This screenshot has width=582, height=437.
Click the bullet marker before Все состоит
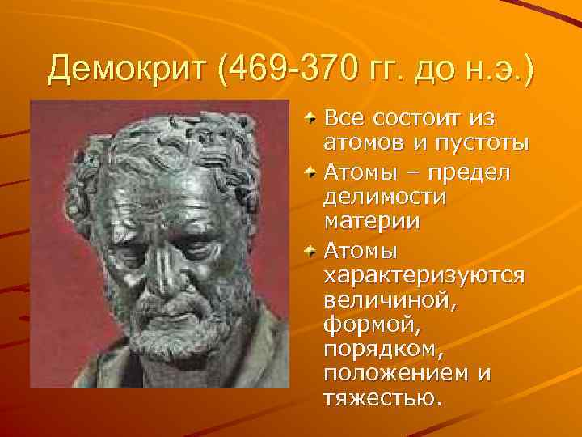click(311, 120)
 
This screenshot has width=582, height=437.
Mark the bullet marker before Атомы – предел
click(311, 171)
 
